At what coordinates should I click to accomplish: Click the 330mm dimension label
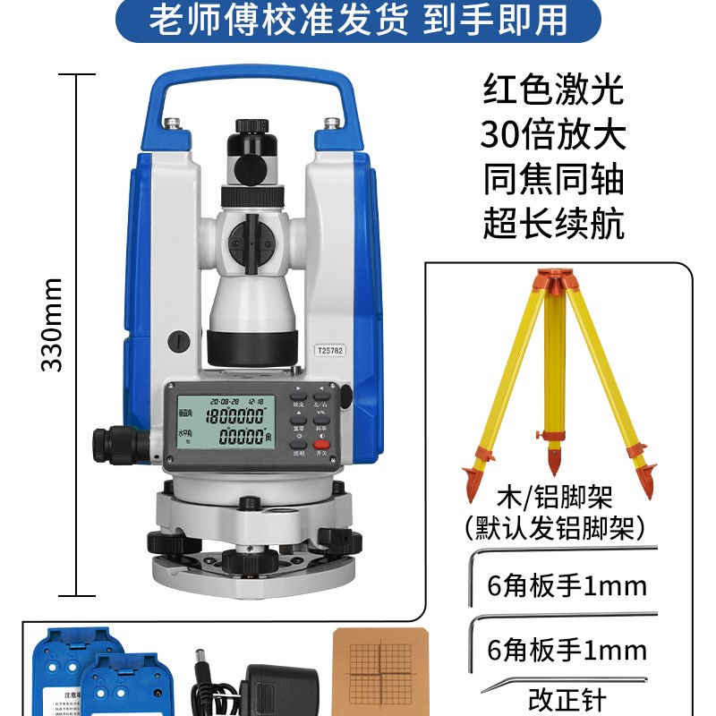(x=53, y=325)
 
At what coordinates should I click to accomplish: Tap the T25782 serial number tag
(x=330, y=352)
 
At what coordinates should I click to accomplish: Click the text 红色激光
(x=553, y=91)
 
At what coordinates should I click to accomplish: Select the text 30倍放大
(x=553, y=135)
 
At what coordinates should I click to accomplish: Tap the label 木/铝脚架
(x=552, y=497)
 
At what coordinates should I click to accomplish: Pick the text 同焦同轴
(x=553, y=180)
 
